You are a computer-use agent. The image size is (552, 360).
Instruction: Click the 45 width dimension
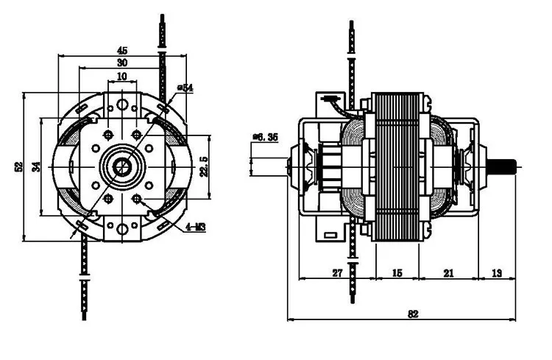pyautogui.click(x=122, y=50)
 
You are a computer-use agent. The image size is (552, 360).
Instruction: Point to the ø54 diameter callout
pyautogui.click(x=185, y=88)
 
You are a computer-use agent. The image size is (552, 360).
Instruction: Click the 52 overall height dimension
pyautogui.click(x=18, y=167)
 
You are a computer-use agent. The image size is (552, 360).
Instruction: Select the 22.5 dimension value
pyautogui.click(x=204, y=166)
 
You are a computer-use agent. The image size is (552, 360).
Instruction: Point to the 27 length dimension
pyautogui.click(x=337, y=273)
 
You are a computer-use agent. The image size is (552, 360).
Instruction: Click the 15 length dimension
pyautogui.click(x=397, y=273)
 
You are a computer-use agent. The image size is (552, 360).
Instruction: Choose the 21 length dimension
pyautogui.click(x=448, y=273)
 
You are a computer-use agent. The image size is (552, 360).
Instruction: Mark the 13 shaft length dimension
pyautogui.click(x=497, y=273)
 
